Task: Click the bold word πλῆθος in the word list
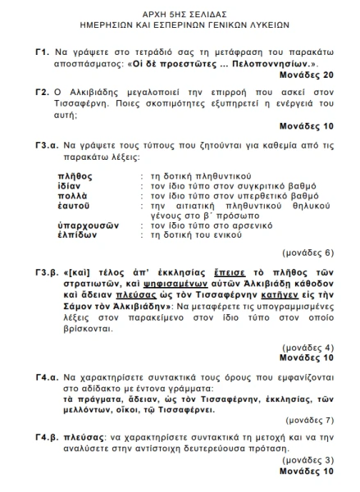coord(75,176)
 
